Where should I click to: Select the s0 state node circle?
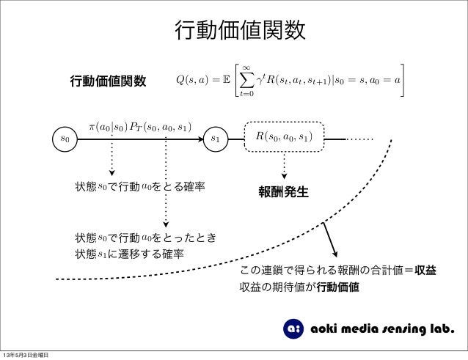(65, 137)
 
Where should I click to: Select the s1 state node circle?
(216, 137)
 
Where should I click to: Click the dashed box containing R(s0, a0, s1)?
(283, 137)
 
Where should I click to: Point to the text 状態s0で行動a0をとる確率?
(139, 187)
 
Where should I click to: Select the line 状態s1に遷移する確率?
(129, 254)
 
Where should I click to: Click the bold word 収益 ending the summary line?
(425, 271)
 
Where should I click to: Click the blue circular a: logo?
(292, 328)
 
